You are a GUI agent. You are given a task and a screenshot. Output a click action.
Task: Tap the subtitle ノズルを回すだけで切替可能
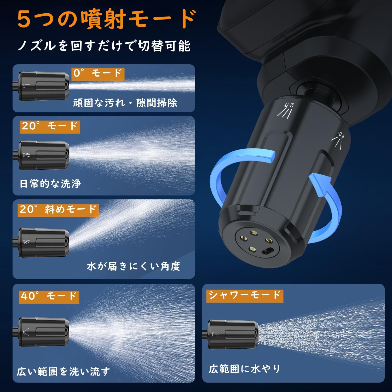point(104,46)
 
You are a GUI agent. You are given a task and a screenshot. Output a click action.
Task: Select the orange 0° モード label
point(98,73)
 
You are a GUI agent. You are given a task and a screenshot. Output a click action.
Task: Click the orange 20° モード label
point(50,126)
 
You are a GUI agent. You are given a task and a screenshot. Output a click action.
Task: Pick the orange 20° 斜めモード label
point(59,210)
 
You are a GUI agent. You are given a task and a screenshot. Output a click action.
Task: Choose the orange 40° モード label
point(49,296)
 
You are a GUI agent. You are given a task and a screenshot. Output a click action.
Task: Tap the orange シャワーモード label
point(244,295)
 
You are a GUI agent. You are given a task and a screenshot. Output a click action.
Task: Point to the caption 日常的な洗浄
point(50,184)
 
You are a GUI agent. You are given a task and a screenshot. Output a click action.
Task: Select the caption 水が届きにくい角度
point(134,266)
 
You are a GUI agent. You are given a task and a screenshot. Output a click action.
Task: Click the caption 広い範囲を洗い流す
point(64,371)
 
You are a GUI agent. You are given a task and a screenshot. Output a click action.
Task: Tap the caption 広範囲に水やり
point(244,369)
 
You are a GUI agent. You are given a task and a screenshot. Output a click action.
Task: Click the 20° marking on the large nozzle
point(288,109)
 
